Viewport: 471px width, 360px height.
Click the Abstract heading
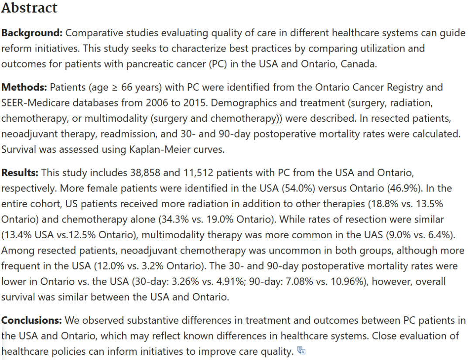[x=29, y=8]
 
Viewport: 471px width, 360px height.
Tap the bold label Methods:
[x=24, y=87]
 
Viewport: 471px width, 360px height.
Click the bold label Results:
[x=20, y=172]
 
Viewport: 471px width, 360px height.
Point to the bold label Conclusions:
[x=31, y=320]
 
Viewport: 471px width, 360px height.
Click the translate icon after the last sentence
[x=301, y=350]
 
